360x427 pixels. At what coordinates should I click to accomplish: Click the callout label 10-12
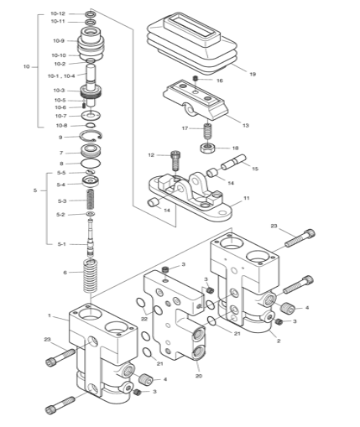[x=58, y=13]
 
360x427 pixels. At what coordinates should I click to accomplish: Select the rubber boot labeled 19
[x=192, y=44]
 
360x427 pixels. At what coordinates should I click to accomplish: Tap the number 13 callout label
[x=245, y=125]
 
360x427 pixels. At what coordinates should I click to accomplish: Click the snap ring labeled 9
[x=91, y=136]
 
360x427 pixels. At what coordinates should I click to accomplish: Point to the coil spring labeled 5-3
[x=91, y=200]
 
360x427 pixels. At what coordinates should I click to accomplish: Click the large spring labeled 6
[x=91, y=275]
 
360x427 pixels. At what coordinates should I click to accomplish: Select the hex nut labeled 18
[x=208, y=148]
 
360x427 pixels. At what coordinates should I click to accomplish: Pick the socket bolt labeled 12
[x=175, y=160]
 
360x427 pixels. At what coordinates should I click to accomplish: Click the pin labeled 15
[x=233, y=162]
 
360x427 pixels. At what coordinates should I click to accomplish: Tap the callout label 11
[x=247, y=198]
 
